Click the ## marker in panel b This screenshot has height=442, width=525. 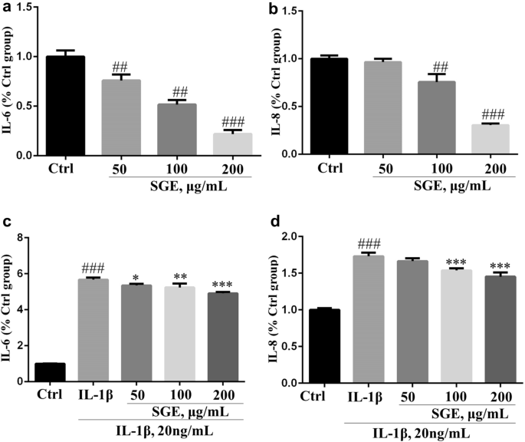coord(420,68)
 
